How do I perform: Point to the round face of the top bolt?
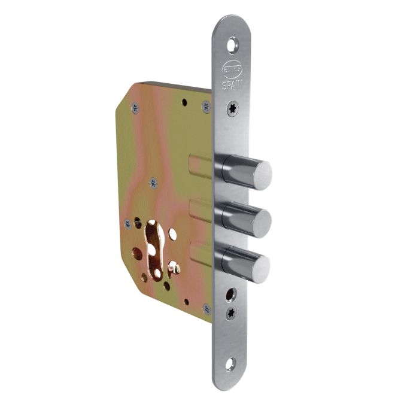[x=261, y=175]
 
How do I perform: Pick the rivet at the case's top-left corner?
[x=133, y=108]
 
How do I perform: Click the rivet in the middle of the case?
[x=153, y=183]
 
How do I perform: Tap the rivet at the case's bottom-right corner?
[x=207, y=309]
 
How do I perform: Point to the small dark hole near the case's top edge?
[x=184, y=102]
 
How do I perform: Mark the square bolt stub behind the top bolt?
[x=201, y=166]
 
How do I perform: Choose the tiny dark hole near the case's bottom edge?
[x=187, y=302]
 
